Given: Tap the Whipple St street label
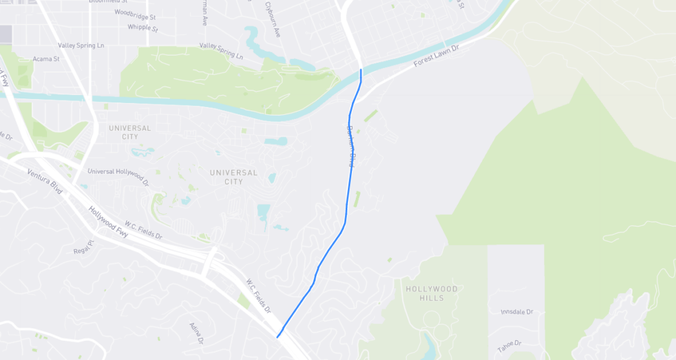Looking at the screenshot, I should click(143, 28).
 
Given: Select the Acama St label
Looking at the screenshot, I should click(46, 59).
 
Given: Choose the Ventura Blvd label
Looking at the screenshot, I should click(45, 182).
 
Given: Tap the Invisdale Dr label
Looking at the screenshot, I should click(516, 311).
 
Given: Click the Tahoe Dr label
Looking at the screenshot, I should click(510, 345).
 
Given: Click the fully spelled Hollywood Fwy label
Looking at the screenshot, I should click(108, 221).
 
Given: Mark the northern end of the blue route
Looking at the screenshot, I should click(361, 69).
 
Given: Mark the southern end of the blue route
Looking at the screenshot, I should click(278, 337).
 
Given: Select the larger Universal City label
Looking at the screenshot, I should click(233, 177).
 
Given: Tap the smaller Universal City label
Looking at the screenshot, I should click(130, 132).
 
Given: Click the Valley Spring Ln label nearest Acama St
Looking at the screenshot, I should click(81, 46).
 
